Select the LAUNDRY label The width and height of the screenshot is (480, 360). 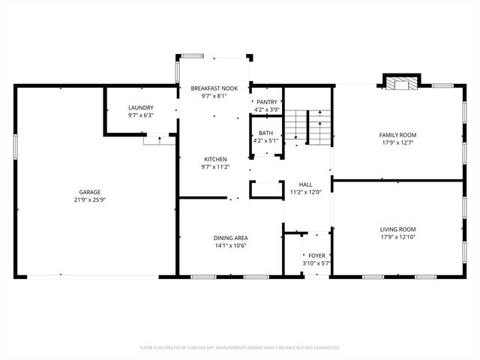pos(140,108)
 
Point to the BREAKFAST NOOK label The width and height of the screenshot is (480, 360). pos(214,88)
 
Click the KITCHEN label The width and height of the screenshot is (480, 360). pos(215,159)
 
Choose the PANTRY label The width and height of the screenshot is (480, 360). pos(266,102)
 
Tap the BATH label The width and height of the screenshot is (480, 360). pos(266,133)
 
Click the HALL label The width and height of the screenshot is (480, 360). pos(305,184)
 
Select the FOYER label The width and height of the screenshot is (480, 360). pos(316,256)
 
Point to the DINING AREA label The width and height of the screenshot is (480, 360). pos(230,238)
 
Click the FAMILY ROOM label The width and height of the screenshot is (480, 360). pos(397,134)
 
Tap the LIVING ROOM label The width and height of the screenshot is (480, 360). pos(397,229)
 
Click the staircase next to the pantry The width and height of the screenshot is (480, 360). pos(309,126)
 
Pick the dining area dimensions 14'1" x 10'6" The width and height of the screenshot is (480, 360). pos(230,246)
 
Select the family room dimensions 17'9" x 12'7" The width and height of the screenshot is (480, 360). pos(397,142)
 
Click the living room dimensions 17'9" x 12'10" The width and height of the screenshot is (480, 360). pos(397,238)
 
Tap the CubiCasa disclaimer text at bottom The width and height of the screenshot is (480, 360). pos(240,347)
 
